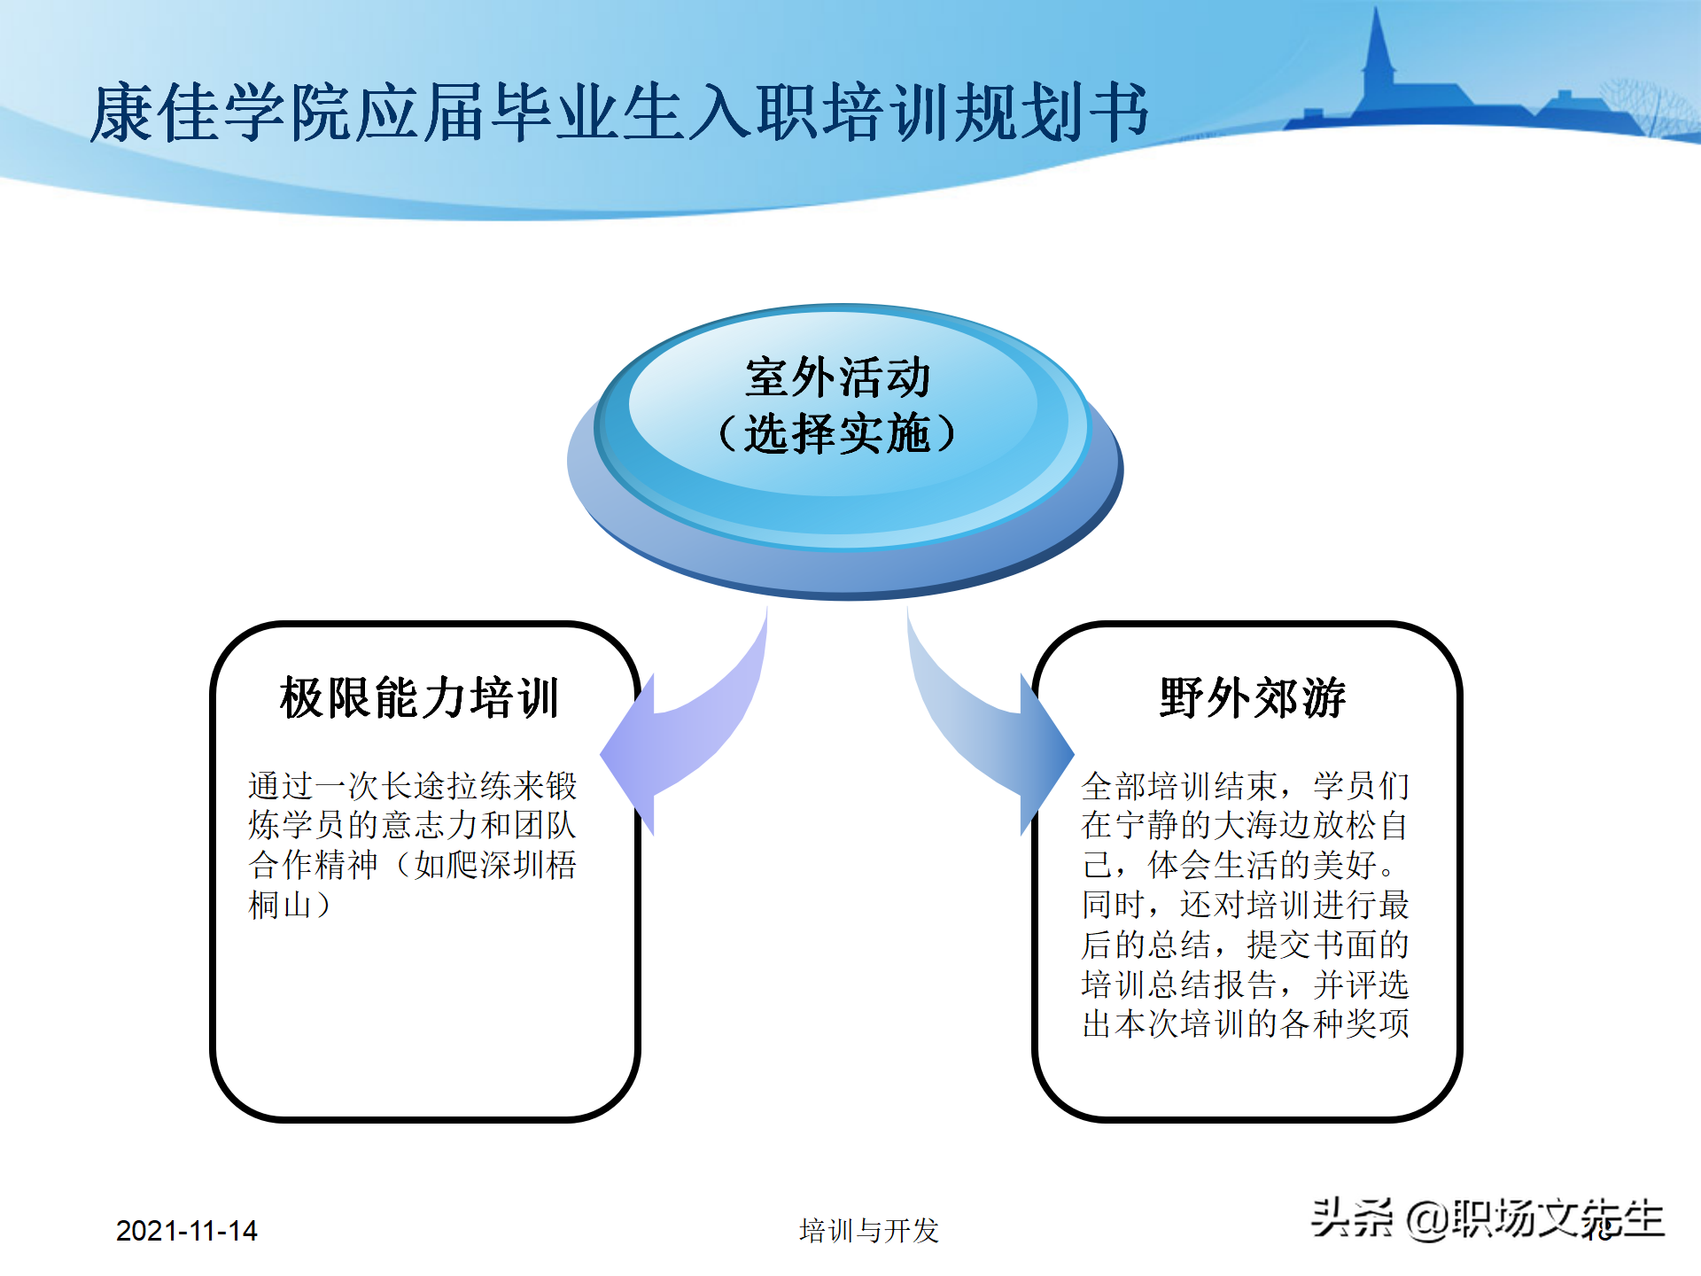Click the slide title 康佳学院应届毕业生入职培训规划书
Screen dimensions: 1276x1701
[x=620, y=113]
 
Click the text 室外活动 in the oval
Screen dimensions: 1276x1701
[x=837, y=377]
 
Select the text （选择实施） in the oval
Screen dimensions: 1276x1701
[x=837, y=434]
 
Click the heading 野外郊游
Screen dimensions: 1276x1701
[x=1252, y=697]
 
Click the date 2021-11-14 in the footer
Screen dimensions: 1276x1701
[x=186, y=1231]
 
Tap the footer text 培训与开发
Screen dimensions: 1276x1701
[x=868, y=1231]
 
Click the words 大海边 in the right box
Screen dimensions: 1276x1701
[x=1262, y=825]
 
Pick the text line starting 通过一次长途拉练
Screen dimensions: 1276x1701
[x=412, y=786]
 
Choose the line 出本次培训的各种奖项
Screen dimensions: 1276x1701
[x=1245, y=1024]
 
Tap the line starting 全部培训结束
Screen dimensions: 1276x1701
[x=1245, y=786]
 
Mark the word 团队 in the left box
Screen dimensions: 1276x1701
[x=545, y=825]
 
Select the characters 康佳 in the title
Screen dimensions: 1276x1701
[x=155, y=113]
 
